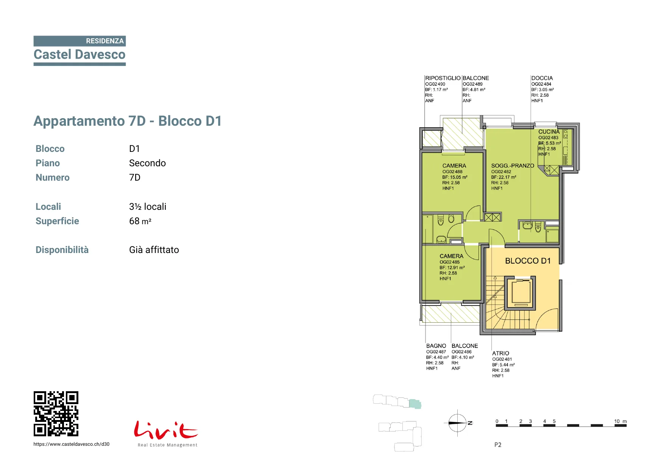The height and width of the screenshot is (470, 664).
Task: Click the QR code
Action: (56, 414)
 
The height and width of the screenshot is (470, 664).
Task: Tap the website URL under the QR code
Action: (72, 444)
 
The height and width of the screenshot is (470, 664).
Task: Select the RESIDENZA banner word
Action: (105, 41)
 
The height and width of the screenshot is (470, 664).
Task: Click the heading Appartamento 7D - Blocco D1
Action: (128, 121)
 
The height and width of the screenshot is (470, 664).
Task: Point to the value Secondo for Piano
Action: (147, 163)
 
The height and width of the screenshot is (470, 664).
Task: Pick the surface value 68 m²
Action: (140, 221)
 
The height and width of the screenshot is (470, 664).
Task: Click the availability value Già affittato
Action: (154, 250)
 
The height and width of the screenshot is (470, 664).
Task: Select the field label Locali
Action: (48, 207)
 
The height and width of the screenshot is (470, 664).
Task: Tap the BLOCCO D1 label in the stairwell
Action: (528, 261)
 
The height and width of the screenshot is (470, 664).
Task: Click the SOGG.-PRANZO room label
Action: (513, 166)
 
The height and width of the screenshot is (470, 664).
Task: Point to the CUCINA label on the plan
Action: (549, 132)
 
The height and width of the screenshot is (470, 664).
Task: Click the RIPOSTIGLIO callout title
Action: (443, 78)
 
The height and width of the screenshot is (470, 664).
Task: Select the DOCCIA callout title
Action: (542, 78)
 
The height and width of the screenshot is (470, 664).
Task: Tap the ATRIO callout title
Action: (500, 353)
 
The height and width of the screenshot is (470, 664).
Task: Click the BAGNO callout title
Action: (436, 346)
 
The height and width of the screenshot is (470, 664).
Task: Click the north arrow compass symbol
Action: (458, 423)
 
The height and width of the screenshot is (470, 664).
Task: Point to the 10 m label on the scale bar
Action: (620, 421)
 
